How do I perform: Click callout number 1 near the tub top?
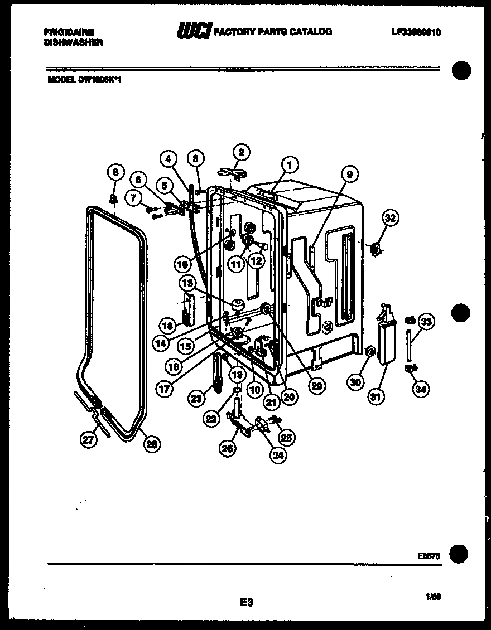click(290, 165)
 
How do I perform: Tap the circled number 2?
click(242, 152)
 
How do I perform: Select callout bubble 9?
click(350, 175)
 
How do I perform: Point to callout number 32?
click(390, 218)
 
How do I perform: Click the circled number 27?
click(88, 439)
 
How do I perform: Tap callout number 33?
click(427, 321)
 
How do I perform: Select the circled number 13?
click(186, 283)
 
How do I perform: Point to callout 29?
click(317, 385)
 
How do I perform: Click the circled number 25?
click(288, 438)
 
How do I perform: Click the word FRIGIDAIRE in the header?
click(69, 32)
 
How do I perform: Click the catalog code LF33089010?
click(416, 32)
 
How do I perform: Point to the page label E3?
click(247, 602)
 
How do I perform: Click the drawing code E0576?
click(428, 555)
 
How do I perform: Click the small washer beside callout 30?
click(369, 352)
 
